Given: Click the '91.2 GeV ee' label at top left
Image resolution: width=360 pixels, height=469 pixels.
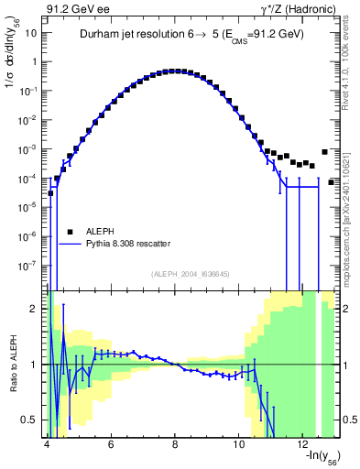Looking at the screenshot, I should tap(74, 8).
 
